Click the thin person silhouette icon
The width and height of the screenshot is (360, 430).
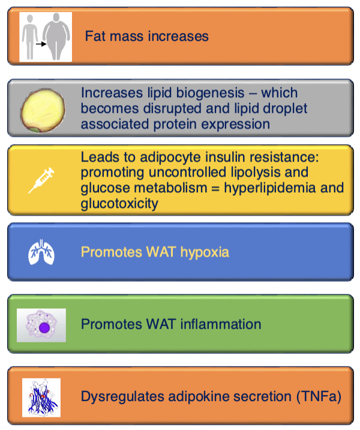[29, 37]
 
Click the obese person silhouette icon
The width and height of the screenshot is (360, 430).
[56, 37]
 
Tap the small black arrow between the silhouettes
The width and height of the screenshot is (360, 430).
[41, 44]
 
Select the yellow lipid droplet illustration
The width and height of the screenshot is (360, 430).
[43, 111]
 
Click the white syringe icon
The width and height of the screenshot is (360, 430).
[41, 180]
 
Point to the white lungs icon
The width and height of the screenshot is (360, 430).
[41, 252]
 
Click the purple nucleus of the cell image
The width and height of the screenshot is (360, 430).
[44, 327]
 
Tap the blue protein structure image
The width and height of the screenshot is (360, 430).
[41, 398]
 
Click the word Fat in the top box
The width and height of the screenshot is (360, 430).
[95, 36]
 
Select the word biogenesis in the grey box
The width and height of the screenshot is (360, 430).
[210, 92]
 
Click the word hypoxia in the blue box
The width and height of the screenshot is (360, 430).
[205, 252]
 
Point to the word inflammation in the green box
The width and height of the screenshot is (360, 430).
[221, 324]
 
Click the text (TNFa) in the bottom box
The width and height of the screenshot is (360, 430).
[319, 396]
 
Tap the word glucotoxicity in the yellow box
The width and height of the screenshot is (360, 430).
[119, 204]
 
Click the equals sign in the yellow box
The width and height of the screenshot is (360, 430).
[215, 189]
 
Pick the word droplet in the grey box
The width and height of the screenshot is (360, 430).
[285, 109]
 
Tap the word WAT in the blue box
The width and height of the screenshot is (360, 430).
[161, 252]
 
